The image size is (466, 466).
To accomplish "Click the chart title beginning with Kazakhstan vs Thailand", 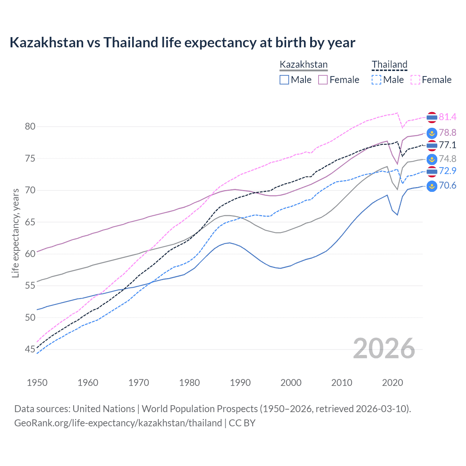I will [x=182, y=43].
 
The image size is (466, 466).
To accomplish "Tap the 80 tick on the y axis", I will [x=30, y=127].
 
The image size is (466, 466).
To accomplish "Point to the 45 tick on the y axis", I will [x=30, y=349].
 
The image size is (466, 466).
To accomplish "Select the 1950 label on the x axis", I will [x=37, y=383].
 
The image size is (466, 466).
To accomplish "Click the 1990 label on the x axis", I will [x=240, y=383].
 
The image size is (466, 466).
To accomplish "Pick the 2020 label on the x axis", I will [x=392, y=383].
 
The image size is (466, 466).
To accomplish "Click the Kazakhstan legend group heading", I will [x=304, y=65].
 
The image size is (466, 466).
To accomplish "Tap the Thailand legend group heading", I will [x=389, y=65].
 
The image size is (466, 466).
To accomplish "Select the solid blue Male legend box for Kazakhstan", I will [x=284, y=80].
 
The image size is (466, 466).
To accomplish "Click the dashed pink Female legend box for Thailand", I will [x=415, y=80].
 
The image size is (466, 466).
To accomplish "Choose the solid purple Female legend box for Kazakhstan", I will [x=323, y=80].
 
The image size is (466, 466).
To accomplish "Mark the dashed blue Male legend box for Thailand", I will [x=376, y=80].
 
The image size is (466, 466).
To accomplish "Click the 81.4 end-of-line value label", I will [x=447, y=117].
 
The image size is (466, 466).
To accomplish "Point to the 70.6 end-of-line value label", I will [x=447, y=186].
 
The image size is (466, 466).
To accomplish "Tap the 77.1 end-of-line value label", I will [x=447, y=145].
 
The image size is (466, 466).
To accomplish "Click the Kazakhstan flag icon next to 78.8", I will [x=432, y=133].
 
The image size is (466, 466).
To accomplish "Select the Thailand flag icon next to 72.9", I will [x=432, y=171].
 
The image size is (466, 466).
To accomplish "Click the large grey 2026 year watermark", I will [x=384, y=348].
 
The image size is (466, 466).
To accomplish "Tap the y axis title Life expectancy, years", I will [x=16, y=233].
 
